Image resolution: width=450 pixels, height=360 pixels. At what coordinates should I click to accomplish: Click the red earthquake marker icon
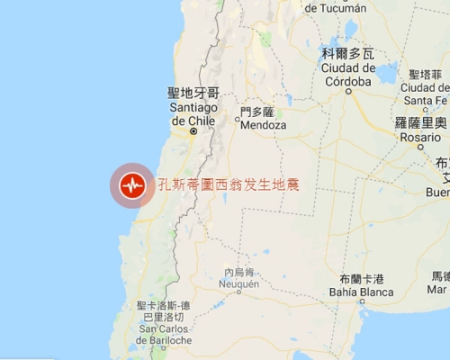pos(133,185)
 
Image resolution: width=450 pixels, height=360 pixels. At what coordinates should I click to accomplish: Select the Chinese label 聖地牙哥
pos(193,93)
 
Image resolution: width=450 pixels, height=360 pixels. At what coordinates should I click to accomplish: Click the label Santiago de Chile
pos(193,113)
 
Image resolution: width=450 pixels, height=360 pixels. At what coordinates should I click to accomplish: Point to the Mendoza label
pos(264,125)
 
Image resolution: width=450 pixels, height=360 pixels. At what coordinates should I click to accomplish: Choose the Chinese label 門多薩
pos(256,112)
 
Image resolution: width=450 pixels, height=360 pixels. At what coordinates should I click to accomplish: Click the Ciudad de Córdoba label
pos(346,75)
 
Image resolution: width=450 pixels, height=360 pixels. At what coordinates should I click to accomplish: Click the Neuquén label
pos(238,283)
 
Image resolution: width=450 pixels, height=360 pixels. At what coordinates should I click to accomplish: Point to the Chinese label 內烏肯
pos(239,272)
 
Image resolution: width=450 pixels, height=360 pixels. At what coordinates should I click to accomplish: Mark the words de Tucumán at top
pos(335,8)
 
